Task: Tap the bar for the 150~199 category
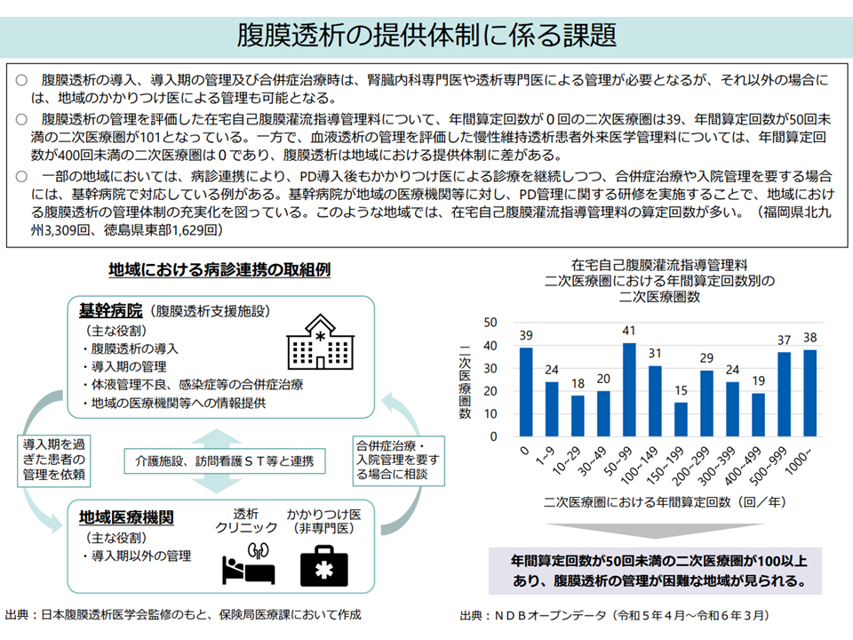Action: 681,420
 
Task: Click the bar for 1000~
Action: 809,393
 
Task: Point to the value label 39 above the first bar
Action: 526,335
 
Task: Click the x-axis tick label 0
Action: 528,451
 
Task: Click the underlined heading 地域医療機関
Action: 126,516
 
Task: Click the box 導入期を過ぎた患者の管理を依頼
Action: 54,458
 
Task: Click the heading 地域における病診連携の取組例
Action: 219,268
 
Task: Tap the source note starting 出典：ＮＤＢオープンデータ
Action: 614,615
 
